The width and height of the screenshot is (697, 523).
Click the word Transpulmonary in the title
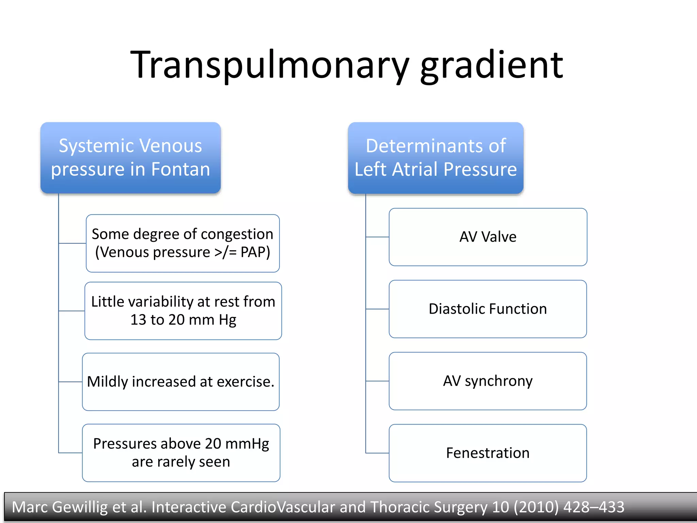269,65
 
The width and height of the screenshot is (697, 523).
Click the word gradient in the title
492,65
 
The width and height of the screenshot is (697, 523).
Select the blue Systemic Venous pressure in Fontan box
131,158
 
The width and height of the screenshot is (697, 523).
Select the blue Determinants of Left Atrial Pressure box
436,158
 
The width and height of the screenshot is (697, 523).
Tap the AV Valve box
488,237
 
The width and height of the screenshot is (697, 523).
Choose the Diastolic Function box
488,309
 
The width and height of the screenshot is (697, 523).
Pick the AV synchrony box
488,381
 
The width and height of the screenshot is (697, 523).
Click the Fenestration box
488,453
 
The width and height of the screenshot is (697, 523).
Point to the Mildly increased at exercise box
181,382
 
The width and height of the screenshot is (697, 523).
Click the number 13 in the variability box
138,320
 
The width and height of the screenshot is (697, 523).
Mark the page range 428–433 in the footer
594,507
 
